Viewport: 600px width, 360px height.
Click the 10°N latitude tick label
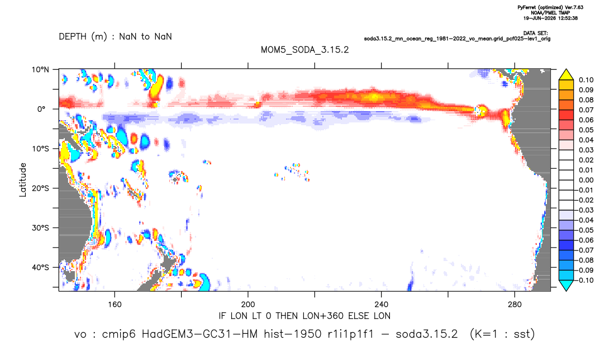(40, 70)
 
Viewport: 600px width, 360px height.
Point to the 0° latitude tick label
(41, 109)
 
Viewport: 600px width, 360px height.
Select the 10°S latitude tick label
(40, 149)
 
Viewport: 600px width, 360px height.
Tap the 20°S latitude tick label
(40, 188)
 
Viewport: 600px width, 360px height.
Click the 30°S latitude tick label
(40, 228)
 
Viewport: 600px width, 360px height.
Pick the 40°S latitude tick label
(40, 267)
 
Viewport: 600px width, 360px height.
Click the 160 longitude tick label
(115, 305)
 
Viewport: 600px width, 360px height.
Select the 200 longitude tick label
(248, 305)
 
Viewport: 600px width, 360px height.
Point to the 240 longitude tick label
(382, 305)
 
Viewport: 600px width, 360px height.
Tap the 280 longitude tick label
(515, 305)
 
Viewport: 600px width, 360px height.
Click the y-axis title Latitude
(23, 179)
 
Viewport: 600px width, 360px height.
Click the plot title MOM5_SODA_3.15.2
(305, 50)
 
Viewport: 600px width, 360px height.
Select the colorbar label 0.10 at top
(586, 80)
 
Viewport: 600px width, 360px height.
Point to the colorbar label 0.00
(586, 180)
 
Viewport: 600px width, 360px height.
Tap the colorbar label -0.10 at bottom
(584, 280)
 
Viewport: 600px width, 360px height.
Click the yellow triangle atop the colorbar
(566, 75)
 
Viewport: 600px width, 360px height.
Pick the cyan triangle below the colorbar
(566, 285)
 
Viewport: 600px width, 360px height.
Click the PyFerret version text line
(550, 7)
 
